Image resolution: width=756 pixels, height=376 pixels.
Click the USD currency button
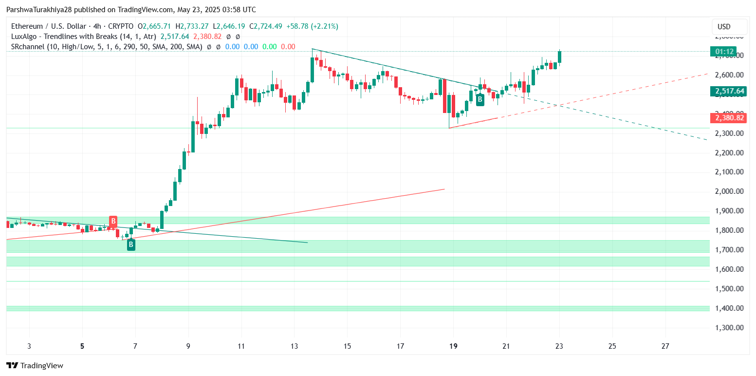728,26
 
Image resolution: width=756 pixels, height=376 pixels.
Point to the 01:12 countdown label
723,51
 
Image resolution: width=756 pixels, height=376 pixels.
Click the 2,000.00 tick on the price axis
729,191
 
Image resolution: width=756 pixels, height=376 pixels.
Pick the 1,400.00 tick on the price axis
729,308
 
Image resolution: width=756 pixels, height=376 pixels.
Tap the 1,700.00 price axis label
729,250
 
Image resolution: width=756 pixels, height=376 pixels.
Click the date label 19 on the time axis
453,346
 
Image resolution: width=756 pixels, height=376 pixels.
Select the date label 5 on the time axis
82,346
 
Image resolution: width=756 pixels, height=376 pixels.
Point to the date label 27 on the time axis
665,346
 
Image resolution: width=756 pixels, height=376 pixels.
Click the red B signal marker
113,222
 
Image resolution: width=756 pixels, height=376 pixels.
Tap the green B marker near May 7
131,244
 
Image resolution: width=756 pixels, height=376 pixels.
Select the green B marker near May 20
480,100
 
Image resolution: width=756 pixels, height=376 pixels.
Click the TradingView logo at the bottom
35,365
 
